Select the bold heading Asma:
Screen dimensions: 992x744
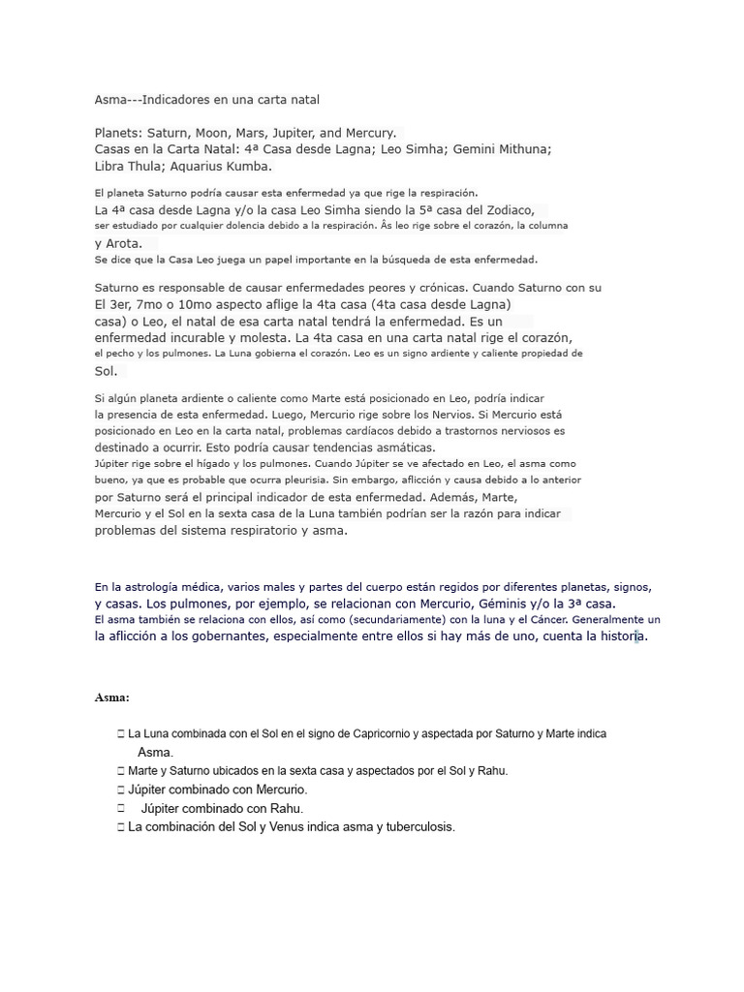click(x=112, y=697)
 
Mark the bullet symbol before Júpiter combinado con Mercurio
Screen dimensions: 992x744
click(x=121, y=790)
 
